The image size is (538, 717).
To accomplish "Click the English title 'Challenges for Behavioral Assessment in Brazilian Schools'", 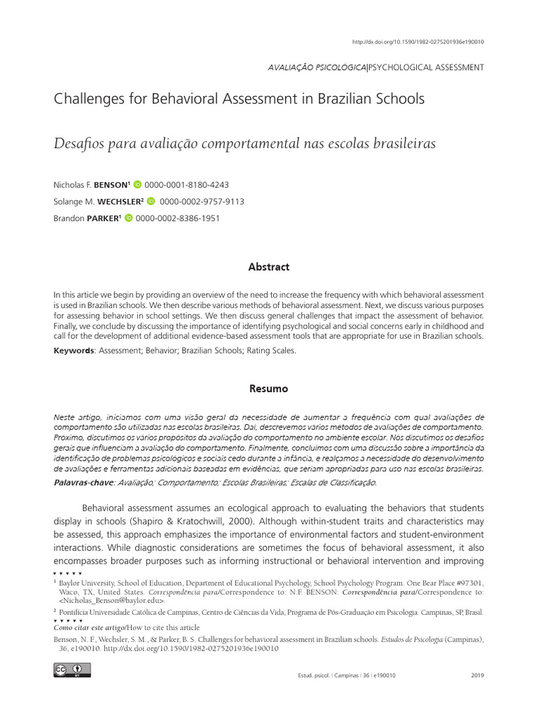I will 239,99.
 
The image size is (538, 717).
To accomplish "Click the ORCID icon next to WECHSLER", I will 151,202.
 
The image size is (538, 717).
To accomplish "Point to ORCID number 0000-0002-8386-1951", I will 178,218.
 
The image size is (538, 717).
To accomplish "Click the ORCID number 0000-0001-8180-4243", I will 186,185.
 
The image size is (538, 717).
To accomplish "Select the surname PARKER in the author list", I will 104,218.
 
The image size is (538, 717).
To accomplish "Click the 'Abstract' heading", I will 269,267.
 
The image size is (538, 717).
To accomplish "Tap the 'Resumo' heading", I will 269,388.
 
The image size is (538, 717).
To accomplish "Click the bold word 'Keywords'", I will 74,351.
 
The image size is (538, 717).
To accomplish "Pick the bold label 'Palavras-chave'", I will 84,482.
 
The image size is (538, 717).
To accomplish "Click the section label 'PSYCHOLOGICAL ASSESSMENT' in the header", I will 425,67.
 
